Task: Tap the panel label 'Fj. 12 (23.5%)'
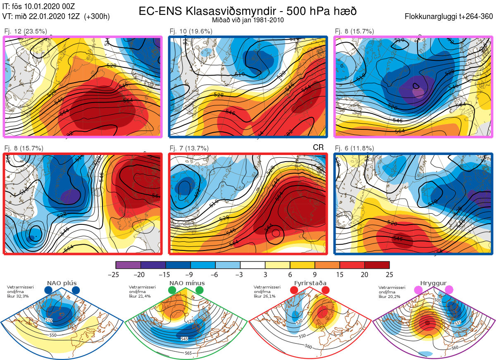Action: pyautogui.click(x=26, y=31)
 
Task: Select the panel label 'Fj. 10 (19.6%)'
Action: pyautogui.click(x=191, y=31)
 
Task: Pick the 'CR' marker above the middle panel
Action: pyautogui.click(x=318, y=148)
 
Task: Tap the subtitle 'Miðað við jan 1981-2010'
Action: pyautogui.click(x=248, y=20)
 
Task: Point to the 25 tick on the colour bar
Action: pyautogui.click(x=389, y=274)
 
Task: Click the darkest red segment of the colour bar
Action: pyautogui.click(x=377, y=265)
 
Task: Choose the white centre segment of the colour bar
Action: pyautogui.click(x=253, y=265)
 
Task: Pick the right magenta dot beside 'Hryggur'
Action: pyautogui.click(x=448, y=290)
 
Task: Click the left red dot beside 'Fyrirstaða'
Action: pyautogui.click(x=294, y=291)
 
